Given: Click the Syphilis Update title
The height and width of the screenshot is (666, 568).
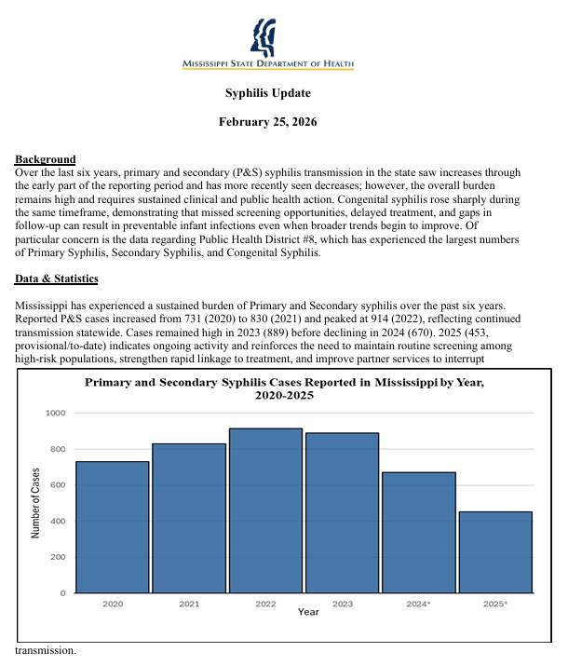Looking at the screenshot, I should coord(268,93).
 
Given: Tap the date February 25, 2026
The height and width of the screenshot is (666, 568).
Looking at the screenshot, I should coord(268,122).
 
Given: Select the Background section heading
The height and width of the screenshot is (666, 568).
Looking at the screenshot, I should coord(46,159).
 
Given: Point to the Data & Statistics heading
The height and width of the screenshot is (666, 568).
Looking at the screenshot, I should coord(57,279).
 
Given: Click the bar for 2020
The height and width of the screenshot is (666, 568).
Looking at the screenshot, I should coord(113,526).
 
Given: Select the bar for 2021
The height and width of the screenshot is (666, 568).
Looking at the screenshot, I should coord(189,517).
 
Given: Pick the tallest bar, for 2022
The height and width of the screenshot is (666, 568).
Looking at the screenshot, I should coord(265,510).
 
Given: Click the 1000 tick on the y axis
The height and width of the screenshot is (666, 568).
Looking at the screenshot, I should coord(55,413).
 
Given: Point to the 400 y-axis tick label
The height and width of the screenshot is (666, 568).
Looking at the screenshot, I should coord(58,521).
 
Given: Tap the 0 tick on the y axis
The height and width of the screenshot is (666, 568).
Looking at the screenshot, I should coord(62,593).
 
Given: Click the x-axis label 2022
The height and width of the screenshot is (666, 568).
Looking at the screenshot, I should coord(265,604).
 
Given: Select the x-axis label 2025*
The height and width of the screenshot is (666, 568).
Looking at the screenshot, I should coord(495,604).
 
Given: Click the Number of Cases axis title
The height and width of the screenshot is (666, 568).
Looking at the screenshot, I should coord(35,503).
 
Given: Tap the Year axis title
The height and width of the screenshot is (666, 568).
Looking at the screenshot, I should coord(308,612).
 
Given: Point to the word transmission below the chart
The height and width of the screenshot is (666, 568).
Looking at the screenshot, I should coord(46,651).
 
